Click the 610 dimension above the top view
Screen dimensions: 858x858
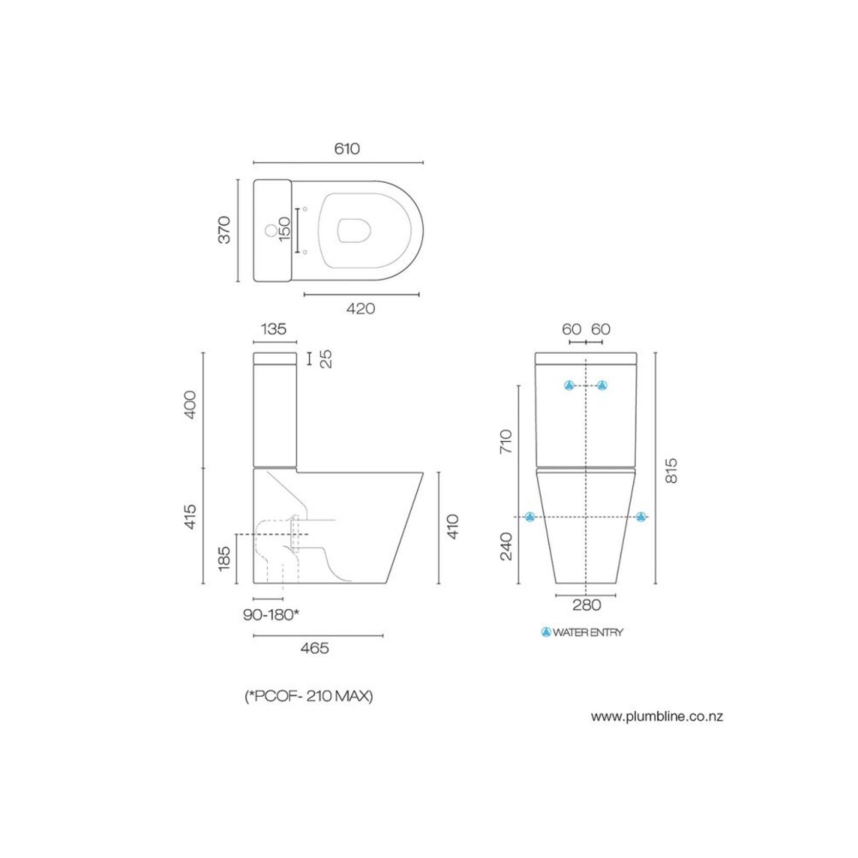[x=347, y=149]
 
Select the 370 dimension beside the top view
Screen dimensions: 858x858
[x=224, y=230]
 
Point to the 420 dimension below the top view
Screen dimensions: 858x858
[x=360, y=309]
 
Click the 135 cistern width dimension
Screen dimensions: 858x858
[x=273, y=329]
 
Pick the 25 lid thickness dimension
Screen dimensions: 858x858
[x=326, y=359]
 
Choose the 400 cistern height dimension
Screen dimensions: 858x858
[x=190, y=405]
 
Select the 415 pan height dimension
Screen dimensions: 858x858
[x=190, y=517]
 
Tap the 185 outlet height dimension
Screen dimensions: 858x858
[x=224, y=559]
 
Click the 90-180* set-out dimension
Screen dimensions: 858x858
[x=271, y=615]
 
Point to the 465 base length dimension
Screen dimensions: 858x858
[x=314, y=649]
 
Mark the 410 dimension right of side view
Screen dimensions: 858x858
[x=453, y=527]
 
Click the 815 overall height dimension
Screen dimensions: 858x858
[x=671, y=470]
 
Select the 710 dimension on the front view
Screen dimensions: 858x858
[x=506, y=441]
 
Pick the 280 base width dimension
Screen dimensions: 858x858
[x=586, y=606]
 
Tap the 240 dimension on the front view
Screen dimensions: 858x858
[x=506, y=547]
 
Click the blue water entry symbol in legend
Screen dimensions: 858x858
[x=546, y=632]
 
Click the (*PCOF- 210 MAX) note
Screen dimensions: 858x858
[x=309, y=696]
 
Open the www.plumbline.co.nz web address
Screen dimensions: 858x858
[x=657, y=716]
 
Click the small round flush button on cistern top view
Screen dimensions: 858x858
[x=270, y=231]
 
